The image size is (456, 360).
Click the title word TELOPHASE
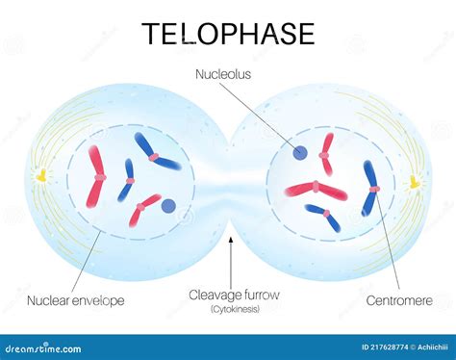[x=228, y=34]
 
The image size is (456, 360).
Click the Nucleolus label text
[x=222, y=72]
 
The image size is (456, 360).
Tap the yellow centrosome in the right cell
[x=415, y=181]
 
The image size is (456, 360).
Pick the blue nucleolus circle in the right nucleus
[x=301, y=151]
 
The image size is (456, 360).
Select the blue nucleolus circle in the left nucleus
[x=169, y=205]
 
